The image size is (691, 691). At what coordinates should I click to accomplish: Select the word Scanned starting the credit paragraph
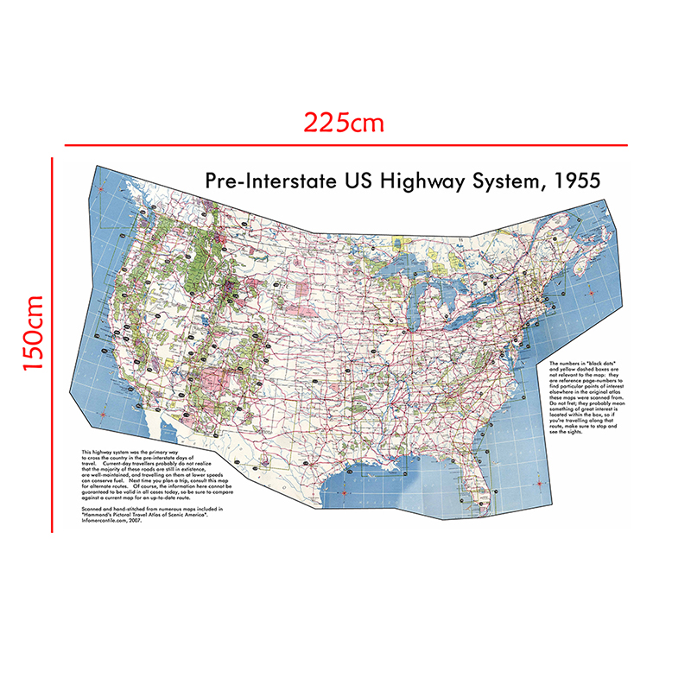pos(94,510)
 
